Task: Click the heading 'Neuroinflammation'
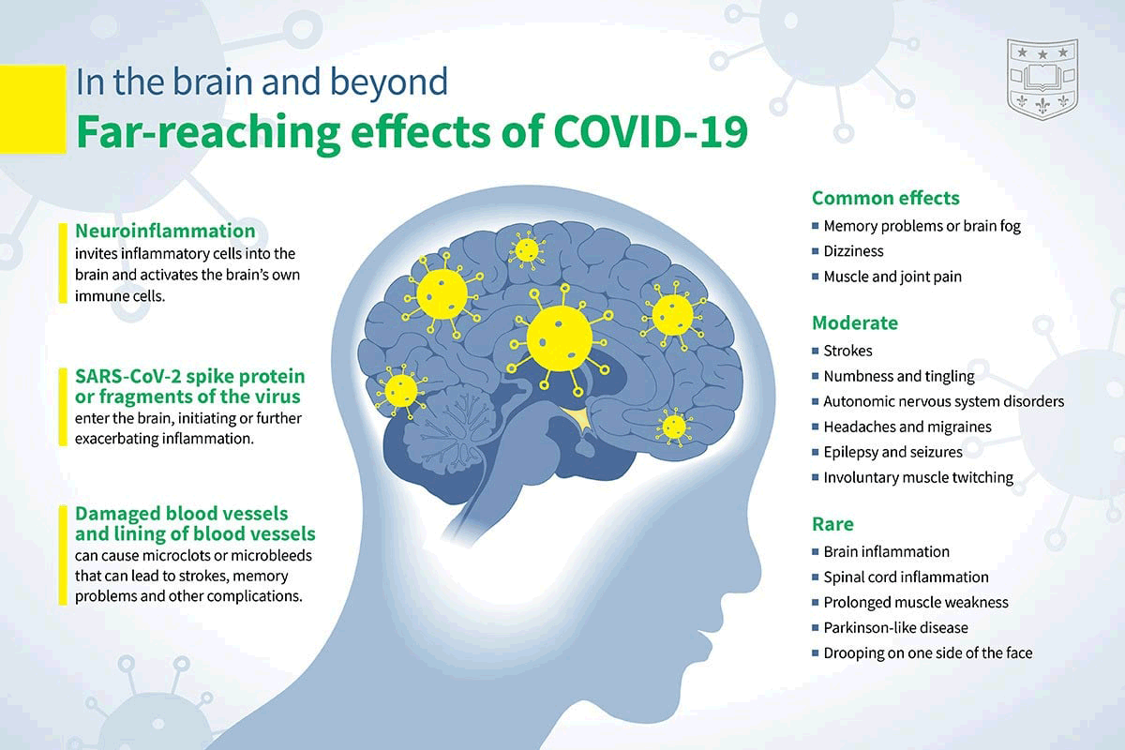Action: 165,231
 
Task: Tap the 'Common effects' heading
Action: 885,198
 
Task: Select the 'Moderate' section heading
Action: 854,323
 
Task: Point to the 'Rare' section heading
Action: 832,524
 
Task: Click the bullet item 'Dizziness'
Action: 853,251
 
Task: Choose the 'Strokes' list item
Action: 847,351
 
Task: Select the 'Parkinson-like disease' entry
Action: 895,627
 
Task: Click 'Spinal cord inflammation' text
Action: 906,577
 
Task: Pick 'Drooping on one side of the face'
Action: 927,652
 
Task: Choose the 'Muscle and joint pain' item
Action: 892,277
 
